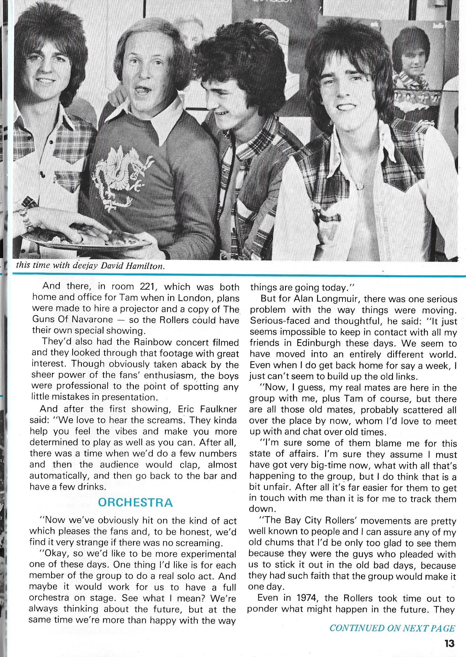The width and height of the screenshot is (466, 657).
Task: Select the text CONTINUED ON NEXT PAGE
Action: click(x=392, y=626)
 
